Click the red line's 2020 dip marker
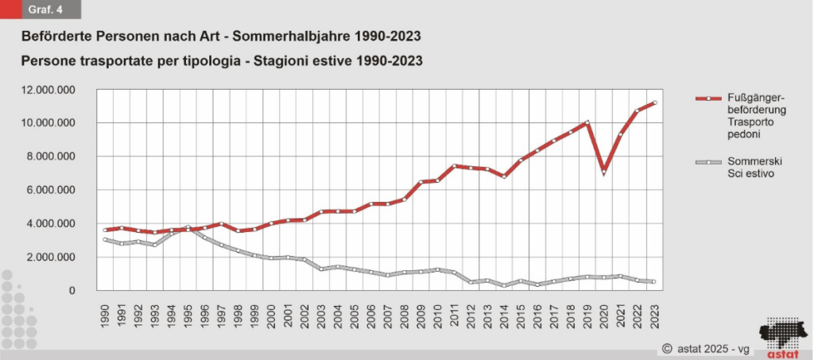tap(604, 172)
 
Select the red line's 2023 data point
tap(653, 103)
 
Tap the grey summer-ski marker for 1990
tap(105, 239)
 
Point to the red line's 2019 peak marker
tap(587, 122)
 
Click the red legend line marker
tap(705, 98)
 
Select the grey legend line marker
tap(705, 161)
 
